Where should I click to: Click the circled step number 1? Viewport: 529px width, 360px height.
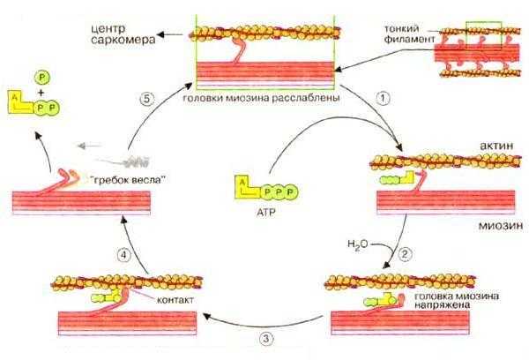click(383, 98)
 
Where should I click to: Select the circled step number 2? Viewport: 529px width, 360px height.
click(405, 254)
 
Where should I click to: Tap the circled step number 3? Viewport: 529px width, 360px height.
click(266, 339)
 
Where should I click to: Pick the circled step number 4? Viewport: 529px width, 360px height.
click(123, 255)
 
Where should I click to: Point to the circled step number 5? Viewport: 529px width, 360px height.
click(146, 99)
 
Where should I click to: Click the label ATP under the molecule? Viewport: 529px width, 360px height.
click(266, 213)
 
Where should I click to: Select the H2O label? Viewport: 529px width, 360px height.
click(358, 244)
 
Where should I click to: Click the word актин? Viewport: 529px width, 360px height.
click(496, 146)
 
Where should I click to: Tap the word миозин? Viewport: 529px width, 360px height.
click(501, 226)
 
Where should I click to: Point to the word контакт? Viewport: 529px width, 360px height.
click(175, 299)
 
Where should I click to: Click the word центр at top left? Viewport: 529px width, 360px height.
click(108, 29)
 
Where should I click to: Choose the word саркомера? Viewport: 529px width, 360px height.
click(123, 40)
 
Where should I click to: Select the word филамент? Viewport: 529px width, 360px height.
click(410, 39)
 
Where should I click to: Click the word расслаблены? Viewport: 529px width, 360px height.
click(306, 98)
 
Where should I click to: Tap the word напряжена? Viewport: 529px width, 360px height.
click(442, 304)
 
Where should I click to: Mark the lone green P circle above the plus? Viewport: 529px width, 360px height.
click(41, 78)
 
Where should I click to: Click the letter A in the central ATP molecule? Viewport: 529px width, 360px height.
click(242, 183)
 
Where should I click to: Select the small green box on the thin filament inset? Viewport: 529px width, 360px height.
click(484, 35)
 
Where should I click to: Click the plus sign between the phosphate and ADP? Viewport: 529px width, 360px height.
click(41, 93)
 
